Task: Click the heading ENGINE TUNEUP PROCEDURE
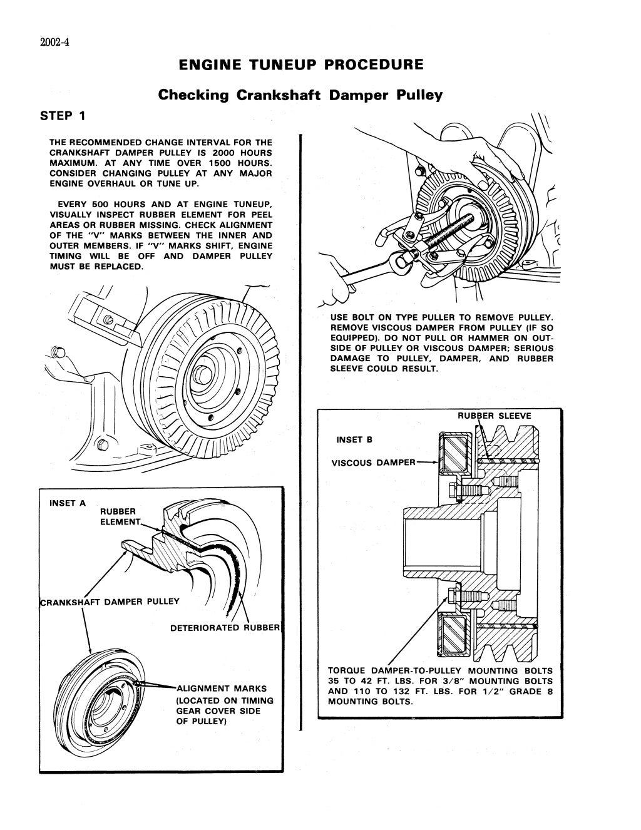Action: click(300, 65)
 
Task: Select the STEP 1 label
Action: click(63, 116)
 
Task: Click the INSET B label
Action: click(354, 439)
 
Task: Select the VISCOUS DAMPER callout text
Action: click(373, 463)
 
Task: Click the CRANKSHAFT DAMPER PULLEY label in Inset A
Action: click(110, 602)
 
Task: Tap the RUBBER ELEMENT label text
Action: click(119, 516)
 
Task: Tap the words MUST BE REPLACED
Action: click(96, 266)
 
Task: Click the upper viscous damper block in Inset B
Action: click(456, 454)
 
